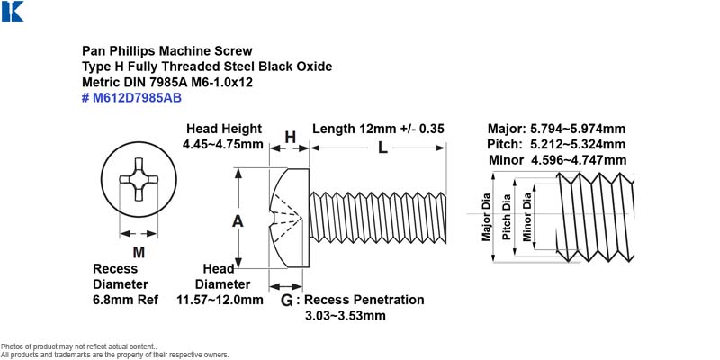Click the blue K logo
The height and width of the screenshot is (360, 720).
click(x=13, y=11)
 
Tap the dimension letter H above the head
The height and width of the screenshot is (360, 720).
click(x=290, y=137)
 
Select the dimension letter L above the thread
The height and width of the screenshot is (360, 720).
click(x=382, y=148)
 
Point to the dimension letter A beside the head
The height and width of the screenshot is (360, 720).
click(x=238, y=221)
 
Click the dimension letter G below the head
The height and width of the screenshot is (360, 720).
click(x=286, y=301)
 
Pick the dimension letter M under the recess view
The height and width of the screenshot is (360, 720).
click(x=139, y=252)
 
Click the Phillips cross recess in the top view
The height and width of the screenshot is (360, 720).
click(x=139, y=179)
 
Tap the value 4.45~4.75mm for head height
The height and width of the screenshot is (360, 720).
click(x=222, y=144)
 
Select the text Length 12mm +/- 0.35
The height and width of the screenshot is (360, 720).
click(x=378, y=129)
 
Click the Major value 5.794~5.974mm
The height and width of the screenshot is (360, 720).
click(x=578, y=129)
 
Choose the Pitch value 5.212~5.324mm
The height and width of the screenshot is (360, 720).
click(x=578, y=145)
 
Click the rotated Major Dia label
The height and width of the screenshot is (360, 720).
click(x=486, y=217)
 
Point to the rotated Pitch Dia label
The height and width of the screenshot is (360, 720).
click(x=507, y=217)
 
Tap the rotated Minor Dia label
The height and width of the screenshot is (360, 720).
click(x=527, y=217)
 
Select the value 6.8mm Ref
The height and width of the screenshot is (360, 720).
click(x=125, y=300)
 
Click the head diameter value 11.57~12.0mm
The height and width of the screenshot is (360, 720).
click(x=220, y=300)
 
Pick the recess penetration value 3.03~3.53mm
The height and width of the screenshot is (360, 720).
click(x=346, y=316)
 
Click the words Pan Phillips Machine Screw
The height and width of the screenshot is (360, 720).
click(x=167, y=50)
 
